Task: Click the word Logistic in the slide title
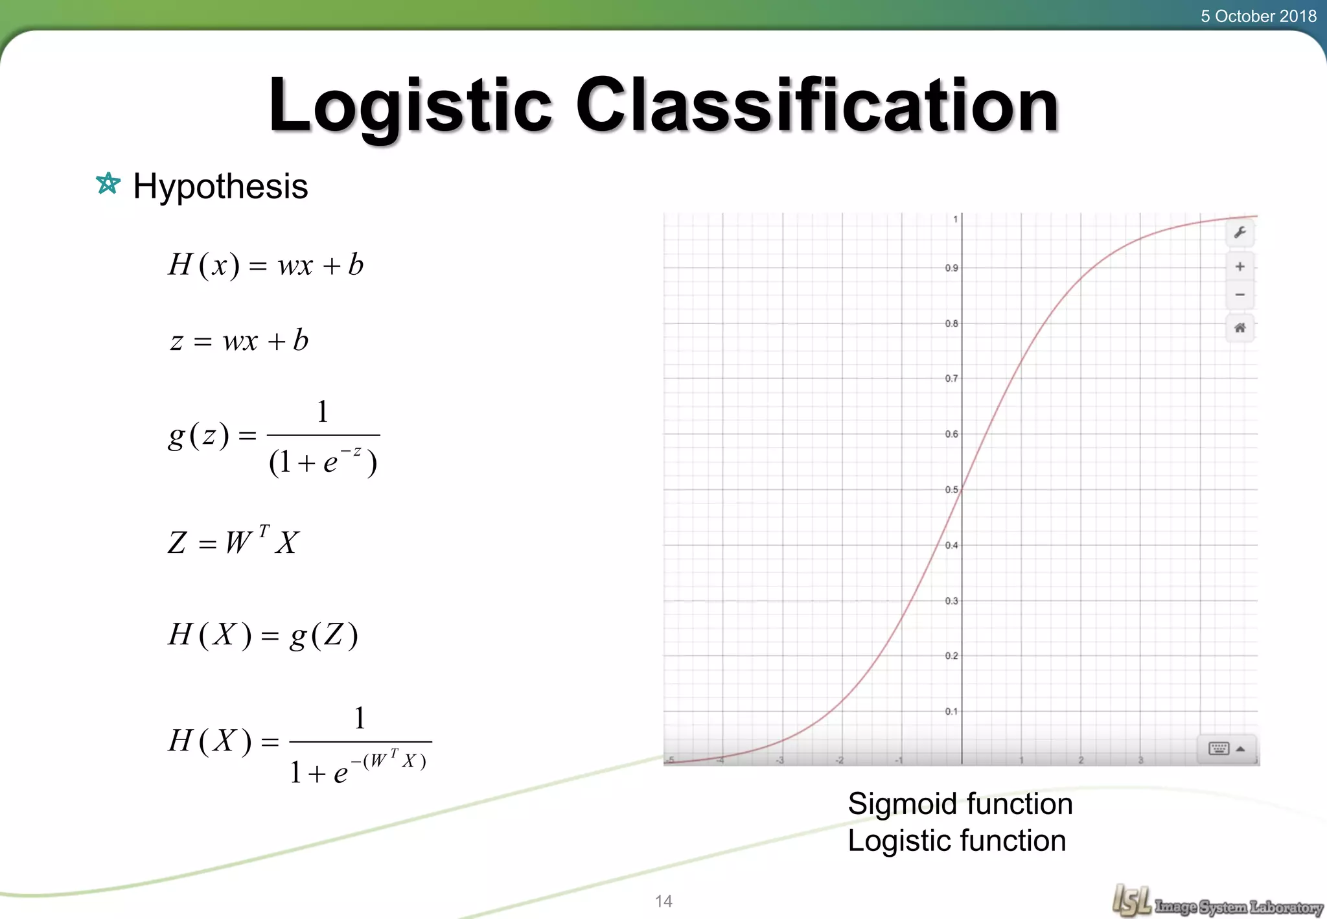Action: click(410, 105)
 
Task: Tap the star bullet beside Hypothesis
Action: click(108, 184)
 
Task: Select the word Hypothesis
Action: click(220, 187)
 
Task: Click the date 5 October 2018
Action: click(1258, 16)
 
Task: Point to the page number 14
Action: click(663, 901)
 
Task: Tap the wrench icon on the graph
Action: click(1240, 233)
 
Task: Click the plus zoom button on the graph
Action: click(1240, 266)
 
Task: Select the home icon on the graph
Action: click(1240, 328)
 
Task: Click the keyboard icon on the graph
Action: click(1219, 749)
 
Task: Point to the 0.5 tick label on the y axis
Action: click(951, 489)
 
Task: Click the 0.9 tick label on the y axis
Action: click(951, 268)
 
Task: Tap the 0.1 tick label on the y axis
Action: click(951, 711)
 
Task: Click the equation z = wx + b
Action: click(239, 341)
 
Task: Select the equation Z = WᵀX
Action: click(233, 542)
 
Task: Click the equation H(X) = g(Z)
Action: click(262, 635)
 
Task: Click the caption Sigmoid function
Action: click(960, 804)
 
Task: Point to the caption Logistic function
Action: click(956, 841)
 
